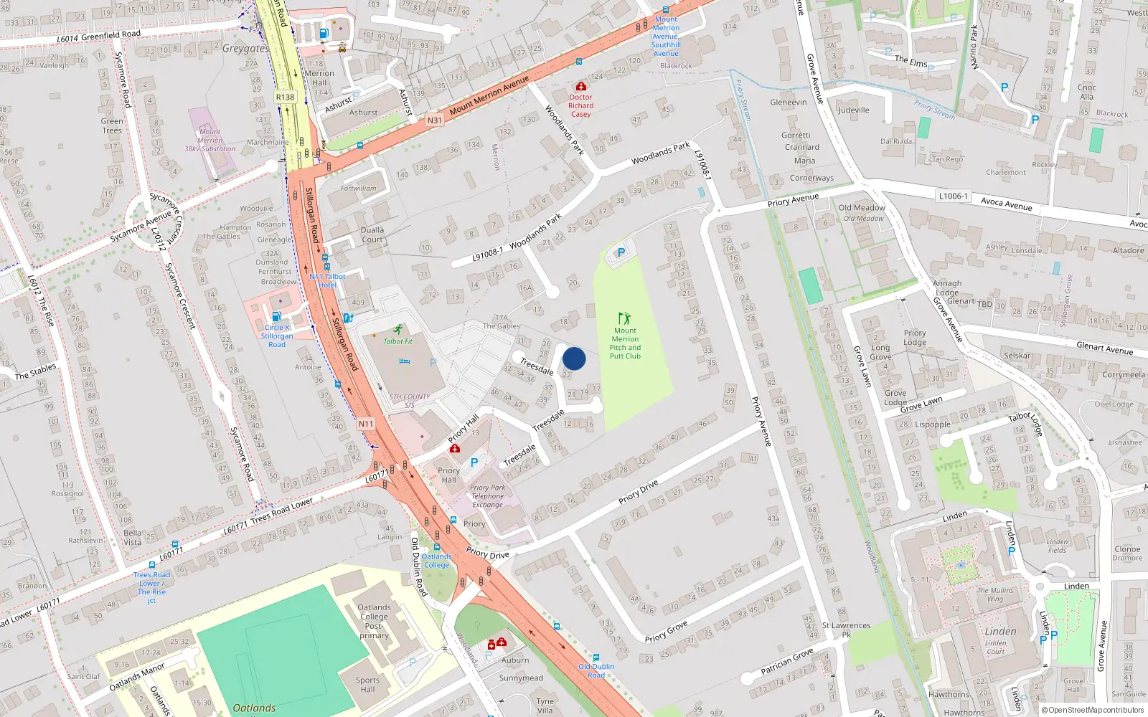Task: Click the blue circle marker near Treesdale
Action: pos(574,358)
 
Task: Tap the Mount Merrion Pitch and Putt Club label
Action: pos(625,343)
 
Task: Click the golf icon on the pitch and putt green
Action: pos(624,318)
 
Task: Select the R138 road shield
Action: pos(285,97)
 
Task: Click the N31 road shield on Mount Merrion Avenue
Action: pos(434,120)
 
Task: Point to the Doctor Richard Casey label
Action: pos(580,105)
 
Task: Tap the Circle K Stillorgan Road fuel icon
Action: pos(276,316)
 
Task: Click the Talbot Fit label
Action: pos(398,341)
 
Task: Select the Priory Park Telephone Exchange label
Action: pos(488,496)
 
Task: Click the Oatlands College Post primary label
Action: pos(374,621)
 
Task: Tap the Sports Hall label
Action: pos(367,685)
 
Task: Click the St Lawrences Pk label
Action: pos(846,630)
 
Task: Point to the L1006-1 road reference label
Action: pos(953,196)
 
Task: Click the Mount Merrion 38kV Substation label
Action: pos(210,141)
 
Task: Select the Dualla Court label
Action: pos(372,234)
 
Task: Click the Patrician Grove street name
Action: pos(787,661)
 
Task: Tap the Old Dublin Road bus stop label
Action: pos(596,670)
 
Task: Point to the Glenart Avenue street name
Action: pos(1104,348)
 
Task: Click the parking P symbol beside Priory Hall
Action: pos(474,463)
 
